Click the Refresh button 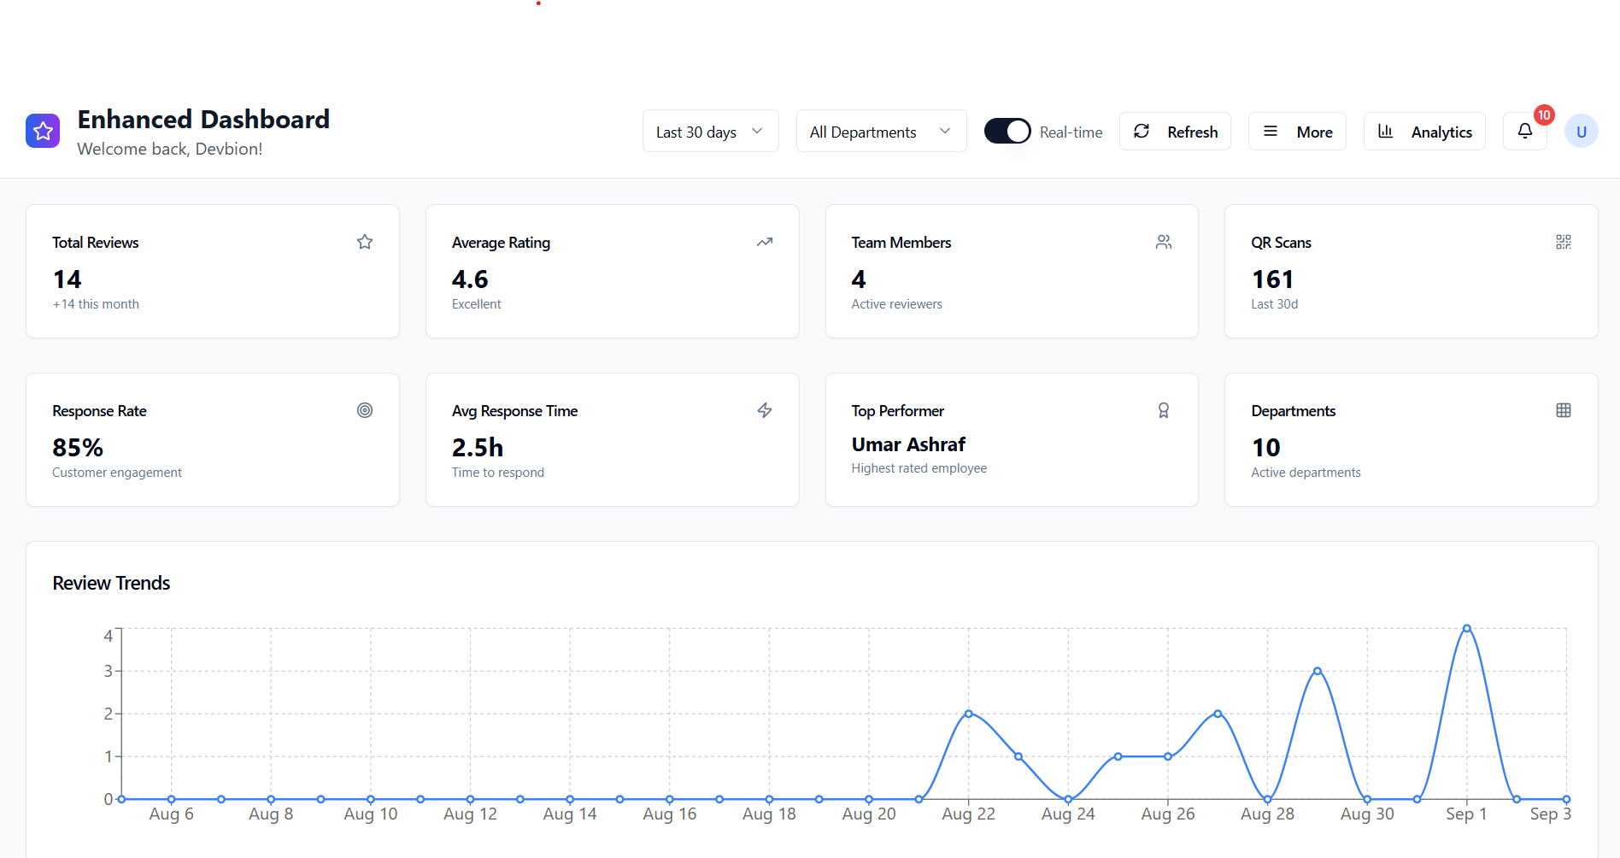click(x=1175, y=132)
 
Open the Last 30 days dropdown click(x=710, y=132)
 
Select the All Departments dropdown click(x=881, y=132)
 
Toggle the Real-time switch click(x=1007, y=132)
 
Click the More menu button click(x=1297, y=132)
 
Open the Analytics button click(x=1424, y=132)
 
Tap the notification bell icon click(x=1525, y=131)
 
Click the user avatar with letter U click(x=1581, y=132)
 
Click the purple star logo click(x=43, y=131)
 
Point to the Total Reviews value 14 click(x=67, y=279)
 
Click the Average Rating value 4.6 click(x=470, y=279)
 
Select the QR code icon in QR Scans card click(x=1564, y=242)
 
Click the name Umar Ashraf click(x=908, y=444)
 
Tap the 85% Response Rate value click(x=78, y=448)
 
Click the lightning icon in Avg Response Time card click(x=765, y=410)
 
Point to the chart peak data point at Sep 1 click(x=1467, y=628)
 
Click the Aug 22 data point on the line click(x=969, y=714)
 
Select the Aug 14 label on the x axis click(x=570, y=814)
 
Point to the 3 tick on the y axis click(x=109, y=671)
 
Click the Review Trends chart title click(x=111, y=583)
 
